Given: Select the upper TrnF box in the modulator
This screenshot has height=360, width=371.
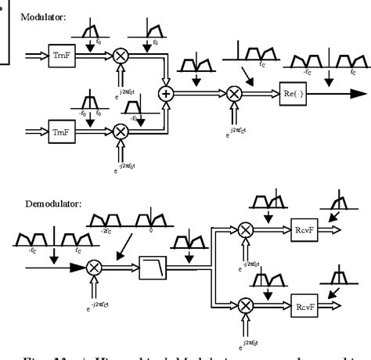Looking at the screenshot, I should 60,57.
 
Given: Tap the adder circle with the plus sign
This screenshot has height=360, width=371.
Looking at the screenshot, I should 166,94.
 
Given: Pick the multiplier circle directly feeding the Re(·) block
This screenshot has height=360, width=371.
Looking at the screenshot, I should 233,94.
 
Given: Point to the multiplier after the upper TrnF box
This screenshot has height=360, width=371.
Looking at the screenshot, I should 121,57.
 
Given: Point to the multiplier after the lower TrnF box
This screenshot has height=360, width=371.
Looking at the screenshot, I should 121,131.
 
